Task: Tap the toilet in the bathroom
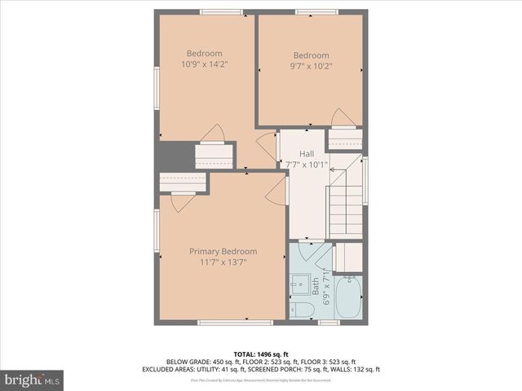coord(301,309)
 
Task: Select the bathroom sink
coord(297,285)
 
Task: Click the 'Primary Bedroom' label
coord(223,252)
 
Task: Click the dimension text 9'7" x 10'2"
coord(311,67)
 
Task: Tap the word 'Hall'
coord(307,154)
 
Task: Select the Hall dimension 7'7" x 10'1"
coord(306,165)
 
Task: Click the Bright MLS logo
coord(33,380)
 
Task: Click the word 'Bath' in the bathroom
coord(315,287)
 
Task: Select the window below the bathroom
coord(329,323)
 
